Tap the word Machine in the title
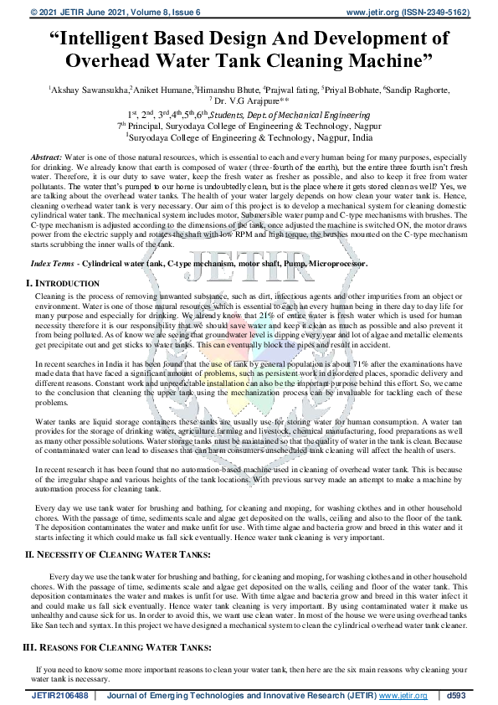pyautogui.click(x=377, y=61)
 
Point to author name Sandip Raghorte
pyautogui.click(x=417, y=90)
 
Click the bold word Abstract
pyautogui.click(x=46, y=157)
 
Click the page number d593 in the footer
pyautogui.click(x=457, y=696)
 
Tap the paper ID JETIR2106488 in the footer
pyautogui.click(x=59, y=696)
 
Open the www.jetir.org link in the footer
pyautogui.click(x=403, y=696)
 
